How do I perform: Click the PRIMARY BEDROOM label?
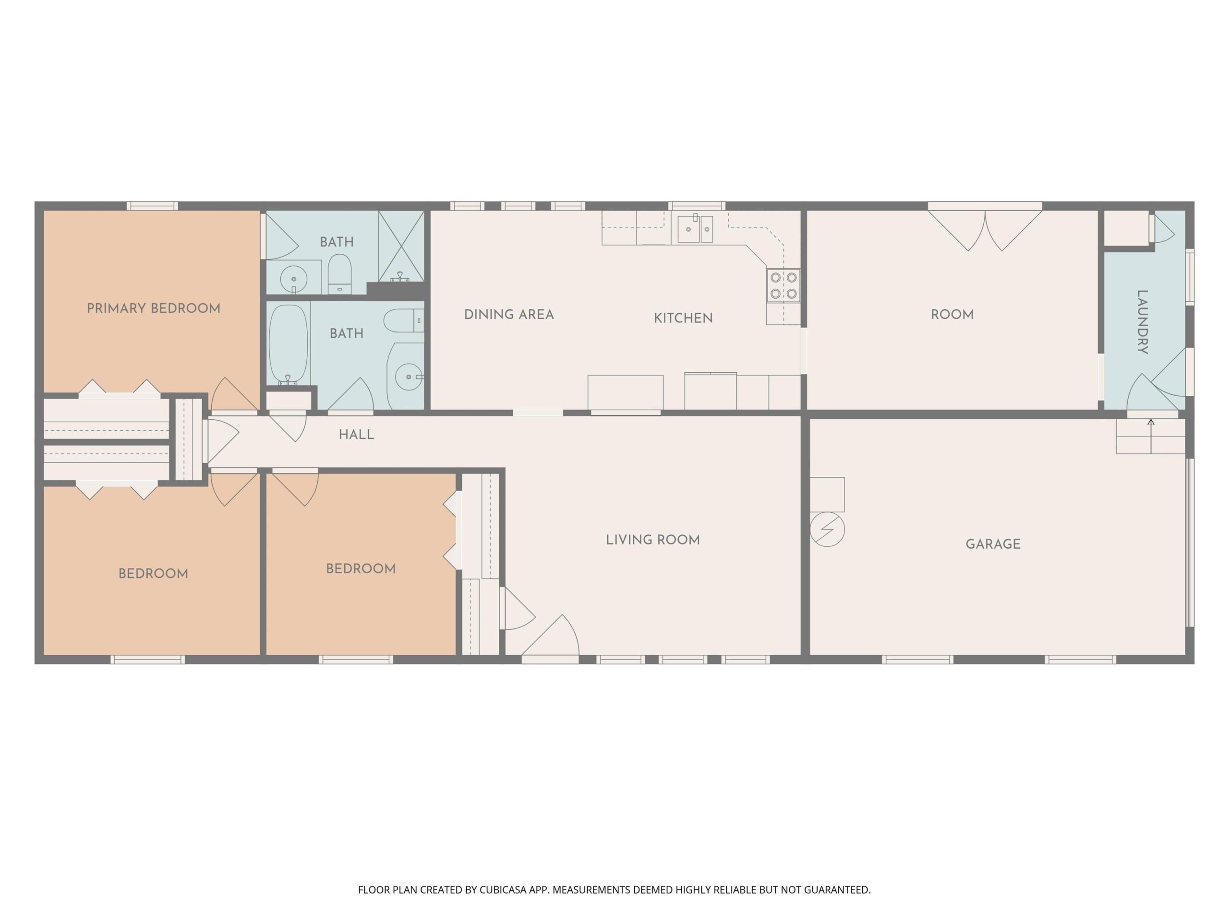(x=153, y=308)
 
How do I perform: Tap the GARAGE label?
(x=993, y=544)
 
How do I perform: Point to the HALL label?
(x=356, y=435)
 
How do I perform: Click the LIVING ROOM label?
(x=653, y=540)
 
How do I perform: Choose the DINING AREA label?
(x=509, y=315)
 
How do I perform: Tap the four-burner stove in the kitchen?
(x=783, y=285)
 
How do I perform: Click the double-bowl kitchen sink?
(x=695, y=229)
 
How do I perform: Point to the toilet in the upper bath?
(x=339, y=274)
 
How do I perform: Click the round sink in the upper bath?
(x=293, y=279)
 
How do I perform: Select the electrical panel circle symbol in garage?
(x=827, y=529)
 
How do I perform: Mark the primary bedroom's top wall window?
(x=152, y=206)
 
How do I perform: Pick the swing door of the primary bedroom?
(x=234, y=395)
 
